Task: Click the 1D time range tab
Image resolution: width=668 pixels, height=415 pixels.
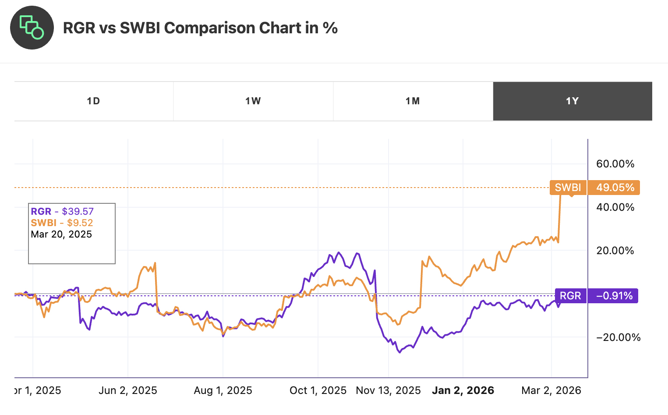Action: [93, 101]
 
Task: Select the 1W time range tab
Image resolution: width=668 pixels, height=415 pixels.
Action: [253, 101]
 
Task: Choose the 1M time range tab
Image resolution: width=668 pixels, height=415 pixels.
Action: [413, 101]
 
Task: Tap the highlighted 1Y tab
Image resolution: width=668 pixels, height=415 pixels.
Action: [572, 101]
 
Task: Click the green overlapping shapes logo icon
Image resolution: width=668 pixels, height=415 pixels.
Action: [32, 28]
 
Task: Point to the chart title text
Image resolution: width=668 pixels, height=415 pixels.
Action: [200, 28]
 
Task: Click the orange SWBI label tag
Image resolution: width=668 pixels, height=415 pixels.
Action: [568, 188]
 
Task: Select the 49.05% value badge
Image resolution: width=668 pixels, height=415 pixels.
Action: [615, 188]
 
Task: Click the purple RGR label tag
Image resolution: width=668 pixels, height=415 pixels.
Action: [570, 296]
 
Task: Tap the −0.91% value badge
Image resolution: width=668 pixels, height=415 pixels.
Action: [613, 296]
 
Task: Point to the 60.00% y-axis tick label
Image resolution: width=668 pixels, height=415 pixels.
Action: [615, 164]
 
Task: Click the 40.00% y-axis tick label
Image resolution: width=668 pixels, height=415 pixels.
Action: [615, 207]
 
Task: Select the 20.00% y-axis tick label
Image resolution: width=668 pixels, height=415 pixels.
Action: [615, 251]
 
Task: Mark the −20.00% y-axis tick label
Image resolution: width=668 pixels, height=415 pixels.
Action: [618, 337]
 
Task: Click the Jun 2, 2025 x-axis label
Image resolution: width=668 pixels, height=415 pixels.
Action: [128, 390]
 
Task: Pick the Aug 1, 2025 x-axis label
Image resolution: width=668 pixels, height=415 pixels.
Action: [223, 390]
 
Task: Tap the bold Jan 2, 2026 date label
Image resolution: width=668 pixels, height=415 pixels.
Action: [463, 390]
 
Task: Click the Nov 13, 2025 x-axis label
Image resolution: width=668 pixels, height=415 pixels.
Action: [388, 390]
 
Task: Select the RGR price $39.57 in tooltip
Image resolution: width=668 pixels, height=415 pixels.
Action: [78, 212]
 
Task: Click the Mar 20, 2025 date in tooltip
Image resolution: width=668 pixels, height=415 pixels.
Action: [61, 234]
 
